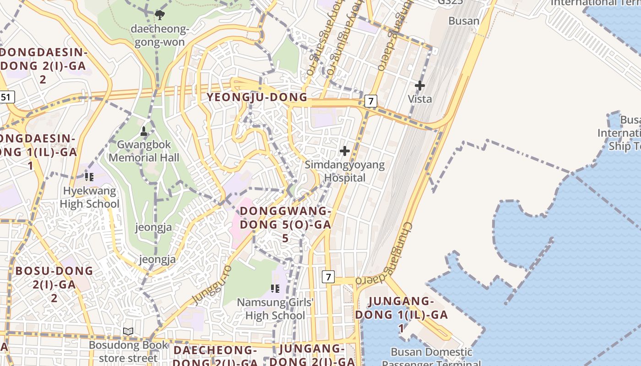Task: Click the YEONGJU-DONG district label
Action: click(x=257, y=97)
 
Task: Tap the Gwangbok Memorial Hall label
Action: click(x=144, y=151)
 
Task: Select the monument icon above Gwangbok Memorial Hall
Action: click(x=144, y=132)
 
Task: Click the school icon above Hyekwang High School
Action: click(x=89, y=177)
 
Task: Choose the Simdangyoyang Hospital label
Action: click(x=345, y=171)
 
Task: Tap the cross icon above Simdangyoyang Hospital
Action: click(x=345, y=151)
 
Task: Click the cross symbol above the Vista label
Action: click(x=419, y=86)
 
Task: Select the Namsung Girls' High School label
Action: click(x=275, y=309)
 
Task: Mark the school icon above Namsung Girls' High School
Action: click(x=275, y=288)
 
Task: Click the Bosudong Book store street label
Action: click(x=129, y=351)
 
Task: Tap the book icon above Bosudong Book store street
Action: click(x=129, y=331)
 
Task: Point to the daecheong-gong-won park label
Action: click(x=159, y=36)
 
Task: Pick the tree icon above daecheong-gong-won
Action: click(x=160, y=15)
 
